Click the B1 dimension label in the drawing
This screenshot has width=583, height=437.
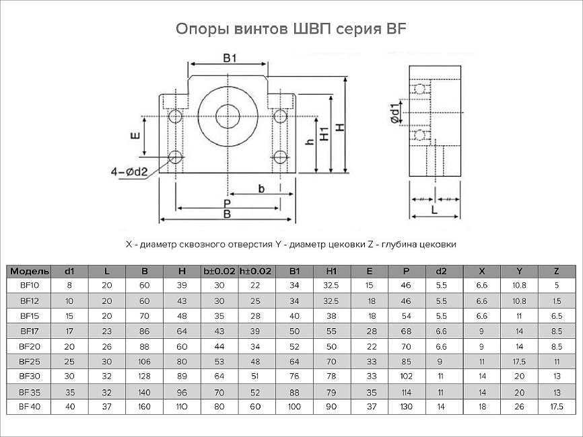(x=230, y=58)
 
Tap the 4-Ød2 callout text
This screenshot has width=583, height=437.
(x=129, y=172)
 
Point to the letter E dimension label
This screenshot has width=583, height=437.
(x=135, y=136)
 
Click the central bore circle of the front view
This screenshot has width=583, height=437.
(x=229, y=115)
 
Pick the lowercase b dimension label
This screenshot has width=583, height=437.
(x=261, y=188)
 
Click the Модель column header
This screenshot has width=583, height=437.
(x=29, y=272)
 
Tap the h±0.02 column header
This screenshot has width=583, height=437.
(x=255, y=272)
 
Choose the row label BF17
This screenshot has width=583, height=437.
(x=30, y=330)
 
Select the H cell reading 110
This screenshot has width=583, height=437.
(x=182, y=407)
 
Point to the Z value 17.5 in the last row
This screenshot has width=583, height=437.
(x=556, y=407)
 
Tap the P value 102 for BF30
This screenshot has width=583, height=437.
(x=406, y=376)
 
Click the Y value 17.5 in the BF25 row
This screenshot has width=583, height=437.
(x=519, y=361)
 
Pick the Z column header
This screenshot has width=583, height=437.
(x=556, y=272)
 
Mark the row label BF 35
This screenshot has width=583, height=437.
(x=30, y=391)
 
